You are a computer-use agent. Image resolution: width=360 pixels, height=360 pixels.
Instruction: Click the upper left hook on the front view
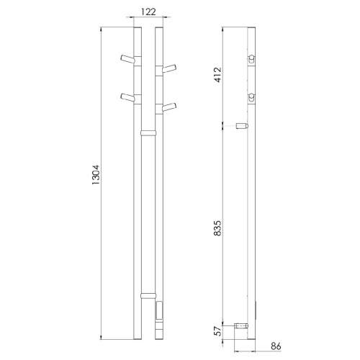(x=127, y=58)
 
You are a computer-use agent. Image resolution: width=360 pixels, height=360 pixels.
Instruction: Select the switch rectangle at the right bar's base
(x=159, y=312)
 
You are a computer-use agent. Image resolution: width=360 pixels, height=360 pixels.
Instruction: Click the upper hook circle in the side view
(x=252, y=58)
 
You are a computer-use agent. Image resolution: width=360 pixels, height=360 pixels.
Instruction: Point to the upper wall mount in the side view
(x=243, y=126)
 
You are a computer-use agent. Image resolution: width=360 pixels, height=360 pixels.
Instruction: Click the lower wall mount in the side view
(x=243, y=325)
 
